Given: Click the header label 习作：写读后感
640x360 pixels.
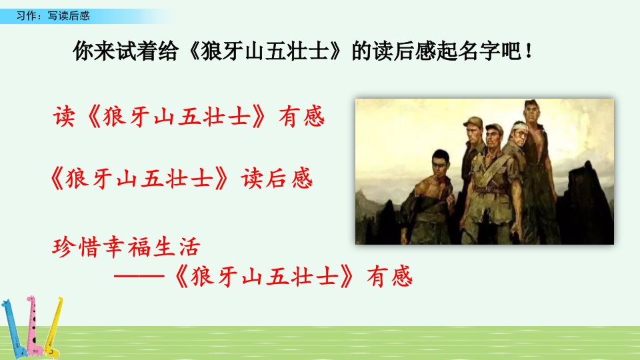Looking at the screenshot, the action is pyautogui.click(x=53, y=15).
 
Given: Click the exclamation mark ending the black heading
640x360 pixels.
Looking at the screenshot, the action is pyautogui.click(x=529, y=51).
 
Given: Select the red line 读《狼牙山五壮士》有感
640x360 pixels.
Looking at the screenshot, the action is pyautogui.click(x=189, y=117).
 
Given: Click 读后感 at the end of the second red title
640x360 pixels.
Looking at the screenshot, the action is pyautogui.click(x=277, y=179).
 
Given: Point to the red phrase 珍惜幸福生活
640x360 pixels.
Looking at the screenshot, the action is pyautogui.click(x=126, y=247).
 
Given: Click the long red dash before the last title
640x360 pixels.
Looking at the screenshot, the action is pyautogui.click(x=139, y=276).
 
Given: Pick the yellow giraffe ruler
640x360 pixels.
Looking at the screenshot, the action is pyautogui.click(x=54, y=327).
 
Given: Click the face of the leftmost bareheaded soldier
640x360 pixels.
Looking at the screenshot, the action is pyautogui.click(x=440, y=164).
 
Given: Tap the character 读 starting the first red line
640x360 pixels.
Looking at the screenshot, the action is pyautogui.click(x=64, y=117).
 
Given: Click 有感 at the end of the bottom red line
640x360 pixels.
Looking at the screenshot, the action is pyautogui.click(x=389, y=276).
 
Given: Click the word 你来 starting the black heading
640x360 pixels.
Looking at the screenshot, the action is pyautogui.click(x=94, y=51).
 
